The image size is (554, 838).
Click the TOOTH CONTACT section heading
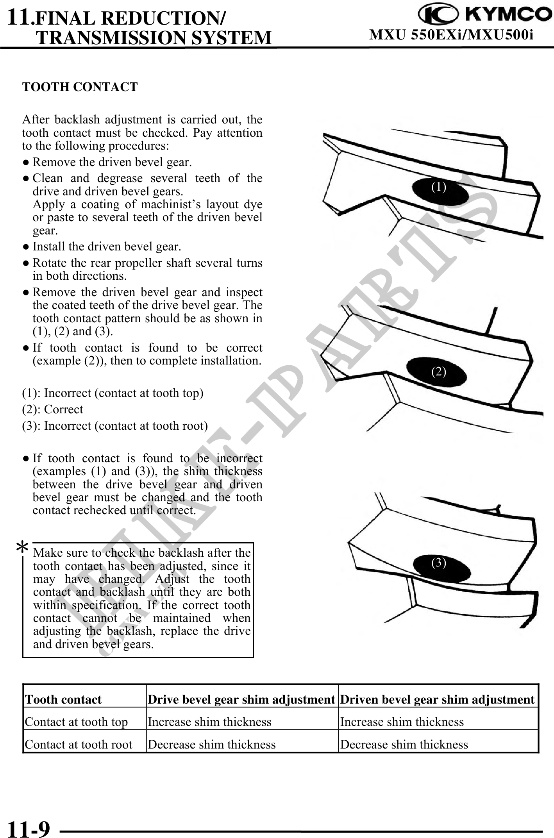pos(80,87)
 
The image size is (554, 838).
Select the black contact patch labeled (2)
pos(437,372)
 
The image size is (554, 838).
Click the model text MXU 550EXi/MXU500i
pos(451,35)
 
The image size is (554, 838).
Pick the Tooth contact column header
pos(63,699)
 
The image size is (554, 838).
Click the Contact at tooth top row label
pos(77,722)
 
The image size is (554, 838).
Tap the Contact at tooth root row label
pos(79,744)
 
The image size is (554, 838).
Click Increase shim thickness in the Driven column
pos(402,722)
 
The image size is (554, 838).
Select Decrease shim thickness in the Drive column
pos(212,744)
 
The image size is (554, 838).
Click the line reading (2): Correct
pos(53,409)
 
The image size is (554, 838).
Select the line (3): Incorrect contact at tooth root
pos(115,425)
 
